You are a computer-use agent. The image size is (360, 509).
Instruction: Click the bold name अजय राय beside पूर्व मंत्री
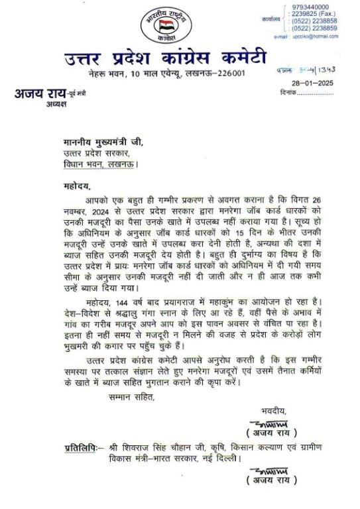pos(39,93)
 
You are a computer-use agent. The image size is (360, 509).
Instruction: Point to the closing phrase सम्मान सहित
pos(132,397)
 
